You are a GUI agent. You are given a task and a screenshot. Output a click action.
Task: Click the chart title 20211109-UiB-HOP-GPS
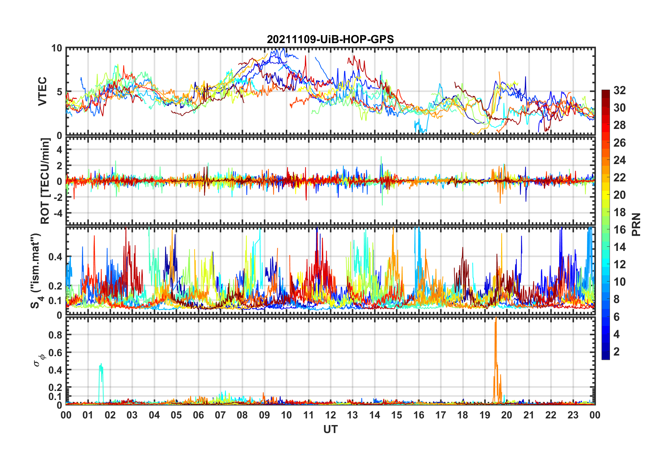point(330,39)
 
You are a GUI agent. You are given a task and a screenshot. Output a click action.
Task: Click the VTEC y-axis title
point(42,91)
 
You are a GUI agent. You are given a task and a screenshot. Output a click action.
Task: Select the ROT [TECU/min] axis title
point(45,181)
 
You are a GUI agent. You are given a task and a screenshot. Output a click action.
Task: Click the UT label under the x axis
point(330,430)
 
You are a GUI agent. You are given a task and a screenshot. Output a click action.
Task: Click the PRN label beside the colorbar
point(636,224)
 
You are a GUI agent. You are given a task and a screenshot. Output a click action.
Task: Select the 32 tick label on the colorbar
point(619,90)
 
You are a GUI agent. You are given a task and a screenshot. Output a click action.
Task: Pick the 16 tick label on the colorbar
point(619,230)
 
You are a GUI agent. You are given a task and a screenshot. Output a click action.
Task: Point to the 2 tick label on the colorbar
point(617,352)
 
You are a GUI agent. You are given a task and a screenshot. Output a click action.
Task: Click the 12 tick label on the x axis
point(330,415)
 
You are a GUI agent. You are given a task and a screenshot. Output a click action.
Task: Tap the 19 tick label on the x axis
point(485,415)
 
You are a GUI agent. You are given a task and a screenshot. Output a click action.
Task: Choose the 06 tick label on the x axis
point(198,415)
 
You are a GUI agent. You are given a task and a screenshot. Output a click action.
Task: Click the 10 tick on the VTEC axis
point(57,48)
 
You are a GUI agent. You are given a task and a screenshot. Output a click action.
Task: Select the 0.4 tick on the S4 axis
point(55,257)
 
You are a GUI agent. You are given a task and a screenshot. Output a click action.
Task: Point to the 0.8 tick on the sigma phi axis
point(55,335)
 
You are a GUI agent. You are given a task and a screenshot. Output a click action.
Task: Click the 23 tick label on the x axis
point(573,415)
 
